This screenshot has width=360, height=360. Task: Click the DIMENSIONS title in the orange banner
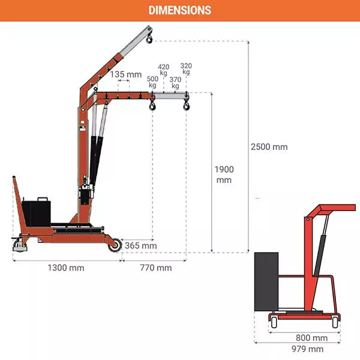[180, 10]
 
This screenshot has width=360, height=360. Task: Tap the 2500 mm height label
[269, 147]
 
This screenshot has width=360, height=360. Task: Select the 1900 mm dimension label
[224, 175]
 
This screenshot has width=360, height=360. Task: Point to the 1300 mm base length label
[66, 268]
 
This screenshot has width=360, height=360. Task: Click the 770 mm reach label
[156, 268]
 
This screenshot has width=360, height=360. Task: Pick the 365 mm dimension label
[141, 245]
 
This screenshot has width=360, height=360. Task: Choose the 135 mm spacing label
[126, 74]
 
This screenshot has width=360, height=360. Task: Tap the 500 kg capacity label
[152, 82]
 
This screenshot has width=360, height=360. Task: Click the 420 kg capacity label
[163, 70]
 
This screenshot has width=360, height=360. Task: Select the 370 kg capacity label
[175, 83]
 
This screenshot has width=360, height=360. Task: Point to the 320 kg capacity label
[186, 69]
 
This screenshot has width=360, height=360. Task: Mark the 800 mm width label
[311, 338]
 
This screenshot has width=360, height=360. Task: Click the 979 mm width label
[307, 349]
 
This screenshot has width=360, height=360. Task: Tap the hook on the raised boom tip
[149, 38]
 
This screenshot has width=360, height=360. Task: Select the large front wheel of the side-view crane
[115, 245]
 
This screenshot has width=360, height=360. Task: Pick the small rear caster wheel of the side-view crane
[20, 245]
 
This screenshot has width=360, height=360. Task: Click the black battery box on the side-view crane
[36, 212]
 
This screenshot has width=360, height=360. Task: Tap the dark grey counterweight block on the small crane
[266, 282]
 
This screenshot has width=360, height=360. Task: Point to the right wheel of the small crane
[335, 322]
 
